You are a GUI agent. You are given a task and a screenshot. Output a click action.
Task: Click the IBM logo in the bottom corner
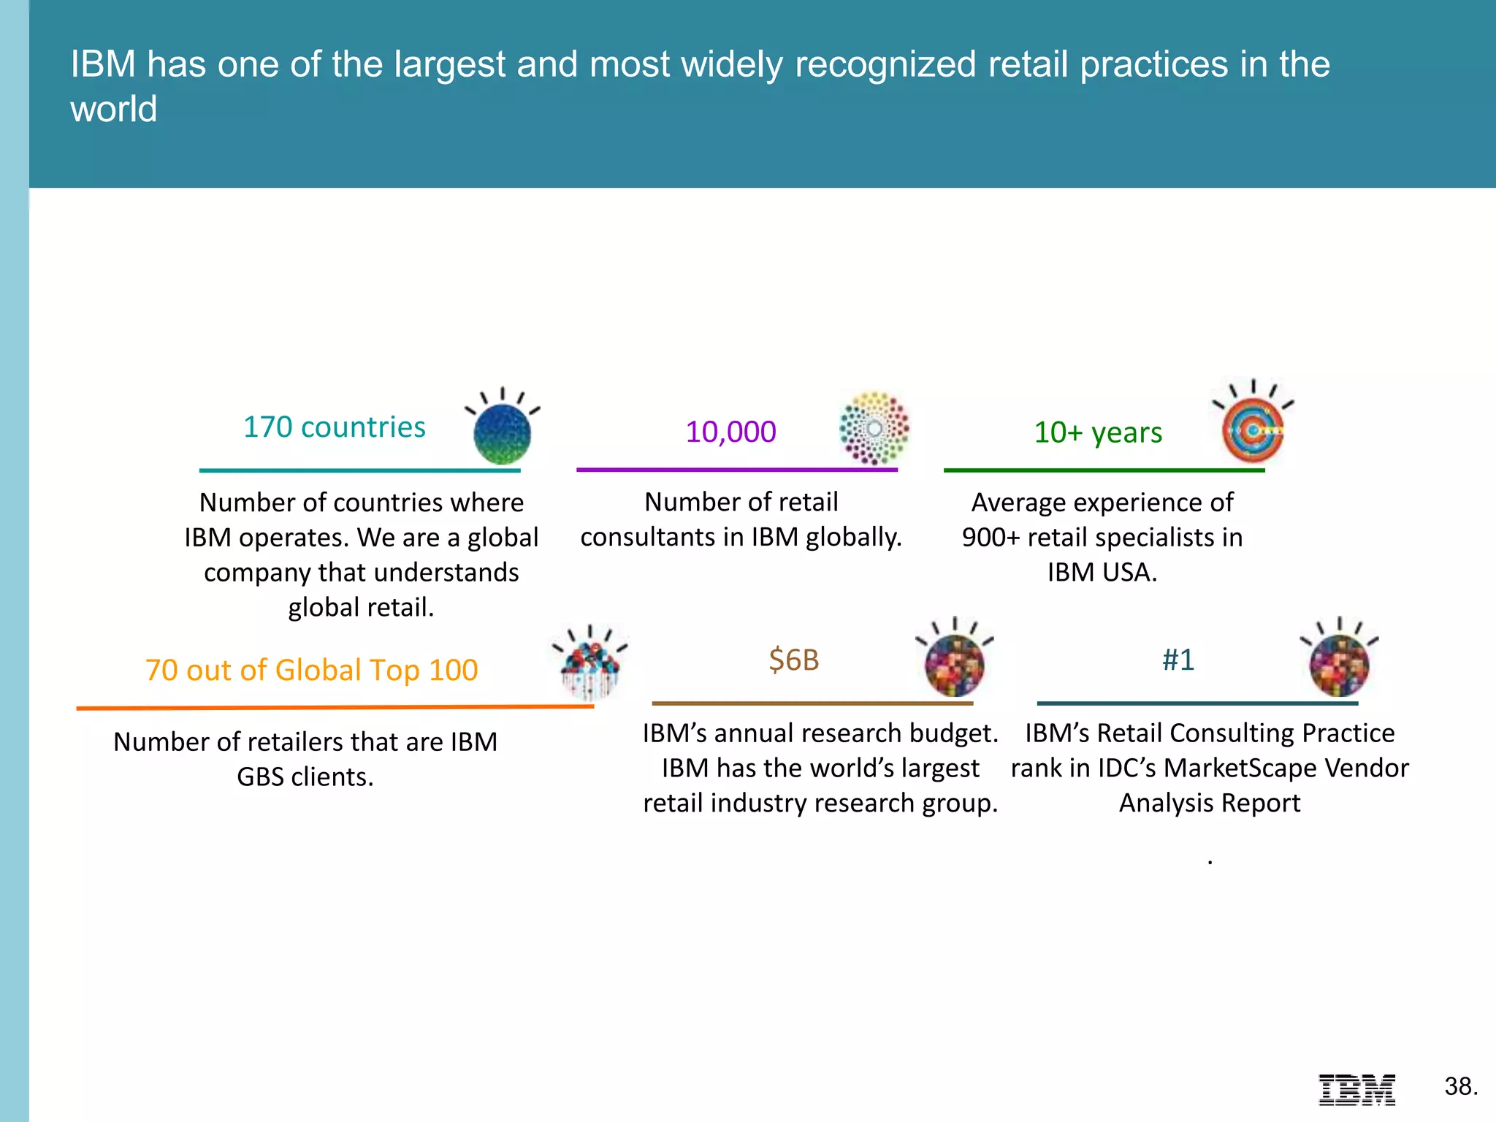pyautogui.click(x=1356, y=1089)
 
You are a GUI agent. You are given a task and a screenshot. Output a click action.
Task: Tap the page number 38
pyautogui.click(x=1460, y=1086)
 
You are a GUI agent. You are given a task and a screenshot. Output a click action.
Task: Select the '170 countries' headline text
pyautogui.click(x=334, y=427)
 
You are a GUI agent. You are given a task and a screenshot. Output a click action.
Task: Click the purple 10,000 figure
pyautogui.click(x=730, y=432)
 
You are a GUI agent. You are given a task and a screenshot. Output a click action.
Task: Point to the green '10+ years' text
pyautogui.click(x=1098, y=432)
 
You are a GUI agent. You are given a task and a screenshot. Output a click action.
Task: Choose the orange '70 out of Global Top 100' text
pyautogui.click(x=311, y=670)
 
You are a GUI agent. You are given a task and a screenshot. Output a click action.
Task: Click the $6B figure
pyautogui.click(x=794, y=660)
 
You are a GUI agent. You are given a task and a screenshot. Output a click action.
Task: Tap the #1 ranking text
pyautogui.click(x=1178, y=660)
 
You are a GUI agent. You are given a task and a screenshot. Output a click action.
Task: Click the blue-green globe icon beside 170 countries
pyautogui.click(x=502, y=433)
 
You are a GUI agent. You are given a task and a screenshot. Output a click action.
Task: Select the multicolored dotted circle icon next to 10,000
pyautogui.click(x=874, y=429)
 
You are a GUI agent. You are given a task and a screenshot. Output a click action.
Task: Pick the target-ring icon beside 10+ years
pyautogui.click(x=1253, y=431)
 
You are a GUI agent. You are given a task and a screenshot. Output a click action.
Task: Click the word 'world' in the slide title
pyautogui.click(x=113, y=110)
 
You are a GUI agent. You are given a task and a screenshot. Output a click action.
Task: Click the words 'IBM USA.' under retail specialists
pyautogui.click(x=1102, y=572)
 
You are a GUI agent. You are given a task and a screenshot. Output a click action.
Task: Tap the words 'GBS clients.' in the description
pyautogui.click(x=305, y=776)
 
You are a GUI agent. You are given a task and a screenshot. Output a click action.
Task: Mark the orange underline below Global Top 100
pyautogui.click(x=335, y=707)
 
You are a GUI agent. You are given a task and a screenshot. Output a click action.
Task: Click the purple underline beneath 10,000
pyautogui.click(x=736, y=470)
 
